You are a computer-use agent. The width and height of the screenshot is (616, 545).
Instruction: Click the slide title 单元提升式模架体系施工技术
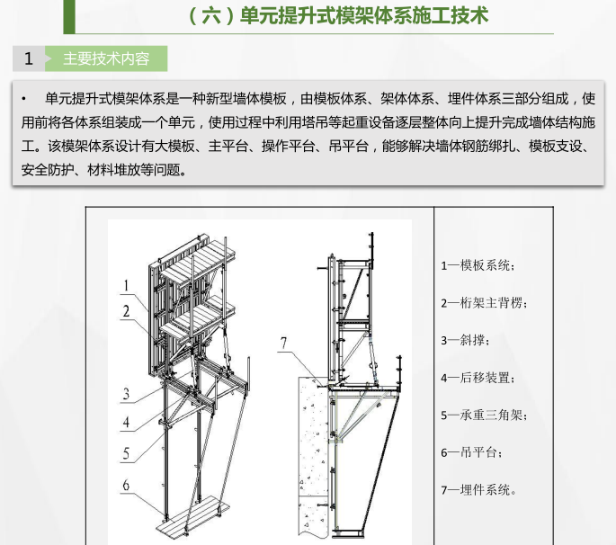coord(364,16)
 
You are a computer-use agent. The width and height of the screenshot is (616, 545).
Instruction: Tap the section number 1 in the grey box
coord(28,58)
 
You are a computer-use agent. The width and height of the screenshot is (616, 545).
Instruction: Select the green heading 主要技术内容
coord(106,58)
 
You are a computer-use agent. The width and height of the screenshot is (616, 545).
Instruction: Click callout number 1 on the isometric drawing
coord(126,285)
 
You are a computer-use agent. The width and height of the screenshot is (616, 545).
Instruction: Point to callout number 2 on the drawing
coord(126,311)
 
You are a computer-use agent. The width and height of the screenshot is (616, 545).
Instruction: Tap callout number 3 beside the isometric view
coord(126,394)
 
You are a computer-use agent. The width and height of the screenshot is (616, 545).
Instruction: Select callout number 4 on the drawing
coord(126,423)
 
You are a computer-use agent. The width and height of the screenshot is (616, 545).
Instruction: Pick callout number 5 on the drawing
coord(126,453)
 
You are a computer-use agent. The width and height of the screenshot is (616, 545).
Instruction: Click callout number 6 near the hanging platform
coord(126,485)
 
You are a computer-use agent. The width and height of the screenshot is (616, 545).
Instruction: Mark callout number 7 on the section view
coord(283,343)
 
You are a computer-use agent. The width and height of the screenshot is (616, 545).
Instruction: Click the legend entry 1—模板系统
coord(478,265)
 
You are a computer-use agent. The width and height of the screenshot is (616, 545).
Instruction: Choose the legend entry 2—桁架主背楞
coord(484,303)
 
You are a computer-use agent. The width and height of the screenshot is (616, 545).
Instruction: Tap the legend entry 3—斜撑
coord(465,340)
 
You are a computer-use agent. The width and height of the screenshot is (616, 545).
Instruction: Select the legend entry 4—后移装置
coord(478,378)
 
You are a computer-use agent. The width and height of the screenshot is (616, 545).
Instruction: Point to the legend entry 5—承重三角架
coord(484,415)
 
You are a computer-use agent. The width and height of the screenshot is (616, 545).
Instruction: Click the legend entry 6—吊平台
coord(471,452)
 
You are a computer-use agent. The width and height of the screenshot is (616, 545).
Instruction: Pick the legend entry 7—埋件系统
coord(478,490)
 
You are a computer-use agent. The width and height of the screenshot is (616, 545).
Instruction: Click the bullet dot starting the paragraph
coord(24,99)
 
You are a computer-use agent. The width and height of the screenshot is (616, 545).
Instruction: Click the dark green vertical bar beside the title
coord(69,16)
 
